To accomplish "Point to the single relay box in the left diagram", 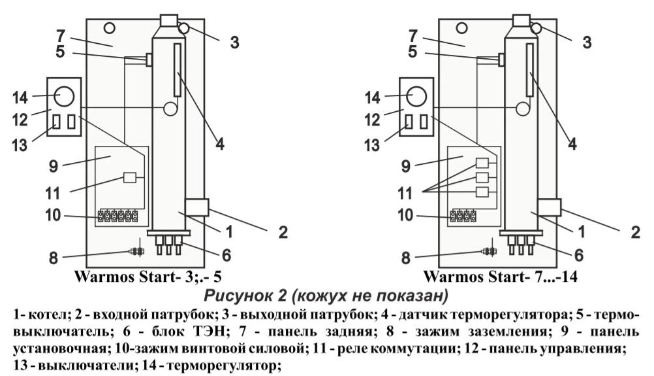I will (x=129, y=177).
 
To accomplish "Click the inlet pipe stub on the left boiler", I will (x=196, y=208).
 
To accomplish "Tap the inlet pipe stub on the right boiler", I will (x=550, y=208).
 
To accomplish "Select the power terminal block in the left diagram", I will (x=117, y=215).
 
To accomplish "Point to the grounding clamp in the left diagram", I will (x=136, y=251).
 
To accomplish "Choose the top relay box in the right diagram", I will (x=482, y=163).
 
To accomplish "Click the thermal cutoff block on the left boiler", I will (x=149, y=60).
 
